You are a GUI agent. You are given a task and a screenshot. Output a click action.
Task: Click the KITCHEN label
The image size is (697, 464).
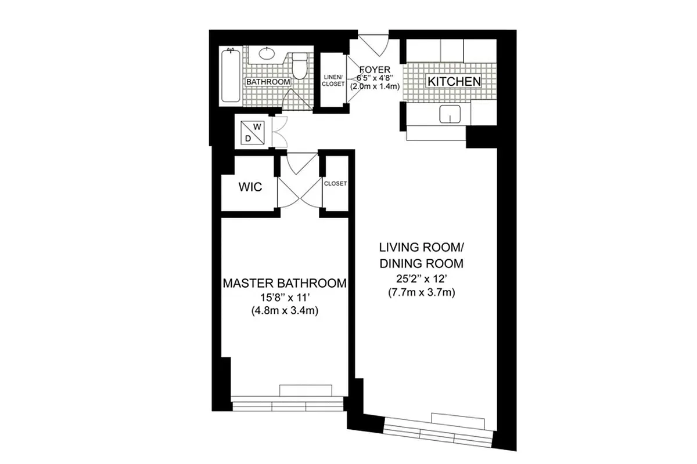[454, 82]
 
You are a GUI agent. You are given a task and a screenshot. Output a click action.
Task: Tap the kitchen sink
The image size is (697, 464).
[449, 115]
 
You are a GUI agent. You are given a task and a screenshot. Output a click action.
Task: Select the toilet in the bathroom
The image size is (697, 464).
[299, 66]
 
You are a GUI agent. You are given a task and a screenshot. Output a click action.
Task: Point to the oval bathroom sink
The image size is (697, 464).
[266, 54]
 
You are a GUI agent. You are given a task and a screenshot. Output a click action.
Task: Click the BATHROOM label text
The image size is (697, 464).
[267, 82]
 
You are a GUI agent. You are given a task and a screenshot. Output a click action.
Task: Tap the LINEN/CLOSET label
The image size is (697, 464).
[333, 81]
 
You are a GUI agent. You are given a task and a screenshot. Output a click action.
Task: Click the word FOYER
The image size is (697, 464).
[375, 70]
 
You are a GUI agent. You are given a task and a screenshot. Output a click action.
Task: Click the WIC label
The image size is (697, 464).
[250, 187]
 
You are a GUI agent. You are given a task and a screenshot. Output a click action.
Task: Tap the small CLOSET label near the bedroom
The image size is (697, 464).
[335, 183]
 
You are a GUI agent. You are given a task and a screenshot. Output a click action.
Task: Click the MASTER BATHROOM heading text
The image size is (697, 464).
[285, 284]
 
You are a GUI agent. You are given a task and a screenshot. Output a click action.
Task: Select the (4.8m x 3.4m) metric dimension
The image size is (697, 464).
[285, 310]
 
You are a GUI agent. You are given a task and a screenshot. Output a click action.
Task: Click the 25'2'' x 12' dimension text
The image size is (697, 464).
[421, 279]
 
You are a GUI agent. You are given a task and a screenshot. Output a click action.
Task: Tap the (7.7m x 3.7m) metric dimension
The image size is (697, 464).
[421, 293]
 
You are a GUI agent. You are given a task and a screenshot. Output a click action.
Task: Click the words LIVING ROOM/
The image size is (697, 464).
[421, 248]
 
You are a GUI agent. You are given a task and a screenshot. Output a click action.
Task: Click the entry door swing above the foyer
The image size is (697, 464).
[372, 45]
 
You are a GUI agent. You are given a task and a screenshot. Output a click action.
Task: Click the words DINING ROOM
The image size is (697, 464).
[421, 263]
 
